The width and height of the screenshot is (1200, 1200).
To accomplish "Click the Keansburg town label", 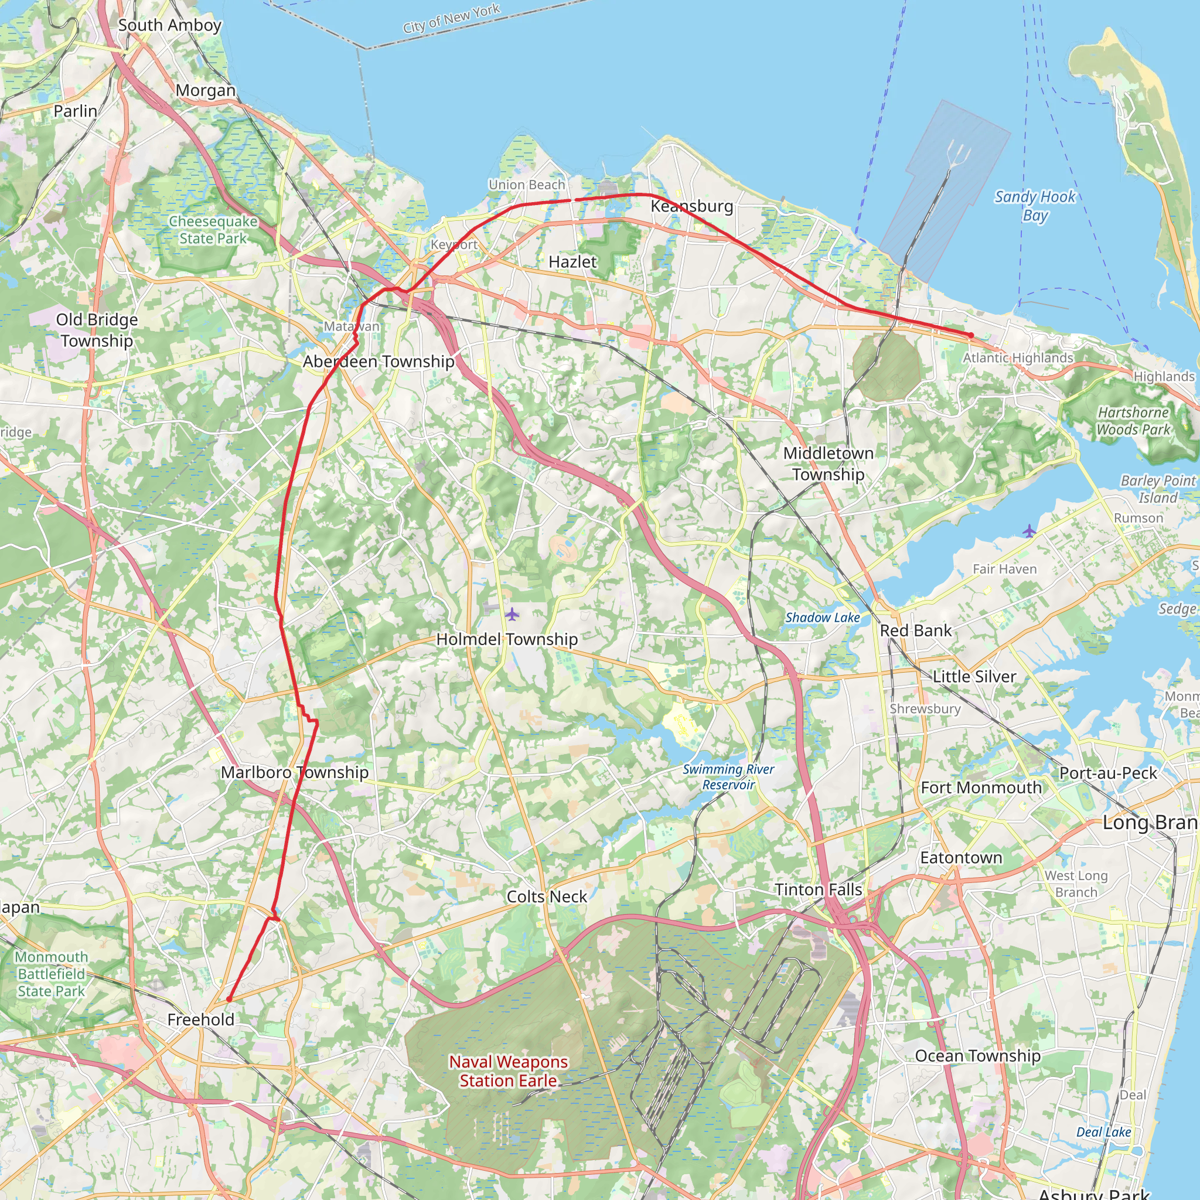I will pyautogui.click(x=691, y=206).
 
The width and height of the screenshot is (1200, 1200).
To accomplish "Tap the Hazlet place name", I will pyautogui.click(x=572, y=262).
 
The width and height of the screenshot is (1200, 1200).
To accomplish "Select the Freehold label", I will pyautogui.click(x=200, y=1020).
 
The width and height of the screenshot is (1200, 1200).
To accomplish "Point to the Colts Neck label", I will pyautogui.click(x=547, y=896).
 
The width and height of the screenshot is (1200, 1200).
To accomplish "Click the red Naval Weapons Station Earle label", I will pyautogui.click(x=508, y=1072).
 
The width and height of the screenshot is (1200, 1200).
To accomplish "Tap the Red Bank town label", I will pyautogui.click(x=916, y=630).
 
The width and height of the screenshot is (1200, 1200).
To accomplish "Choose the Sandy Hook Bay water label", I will pyautogui.click(x=1035, y=206).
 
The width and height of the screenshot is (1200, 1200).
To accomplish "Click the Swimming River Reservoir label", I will pyautogui.click(x=728, y=777).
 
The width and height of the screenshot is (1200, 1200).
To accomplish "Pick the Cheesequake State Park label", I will pyautogui.click(x=213, y=230).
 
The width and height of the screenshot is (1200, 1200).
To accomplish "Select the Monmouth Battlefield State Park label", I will pyautogui.click(x=51, y=974).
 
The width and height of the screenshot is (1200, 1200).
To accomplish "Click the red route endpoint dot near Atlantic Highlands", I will pyautogui.click(x=971, y=335).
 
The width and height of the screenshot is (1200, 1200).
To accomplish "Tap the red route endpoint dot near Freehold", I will pyautogui.click(x=229, y=1000).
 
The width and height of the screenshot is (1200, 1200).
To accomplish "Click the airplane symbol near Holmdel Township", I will pyautogui.click(x=511, y=614).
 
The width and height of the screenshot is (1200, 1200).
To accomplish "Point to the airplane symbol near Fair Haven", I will pyautogui.click(x=1029, y=531).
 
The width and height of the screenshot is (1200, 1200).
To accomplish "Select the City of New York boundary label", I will pyautogui.click(x=451, y=19).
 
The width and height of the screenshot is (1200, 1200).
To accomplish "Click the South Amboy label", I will pyautogui.click(x=169, y=25).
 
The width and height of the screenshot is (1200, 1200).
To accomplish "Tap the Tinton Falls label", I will pyautogui.click(x=818, y=889).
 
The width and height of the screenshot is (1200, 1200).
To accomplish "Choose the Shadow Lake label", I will pyautogui.click(x=822, y=618).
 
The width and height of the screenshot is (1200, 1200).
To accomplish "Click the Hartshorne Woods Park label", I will pyautogui.click(x=1133, y=421).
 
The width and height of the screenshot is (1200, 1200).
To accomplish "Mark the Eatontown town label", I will pyautogui.click(x=961, y=858).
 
